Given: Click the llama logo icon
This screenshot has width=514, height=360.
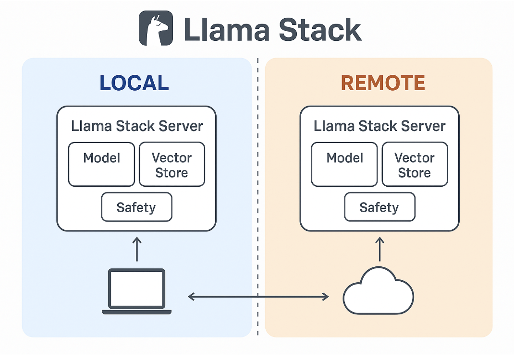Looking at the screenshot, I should coord(156,28).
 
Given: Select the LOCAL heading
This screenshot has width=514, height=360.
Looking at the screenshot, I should coord(134,83).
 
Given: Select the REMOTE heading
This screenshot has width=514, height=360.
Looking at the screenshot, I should coord(383,83).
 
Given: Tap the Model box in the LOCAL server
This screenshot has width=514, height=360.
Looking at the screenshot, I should coord(101,164).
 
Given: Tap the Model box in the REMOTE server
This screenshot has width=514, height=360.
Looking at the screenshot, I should coord(344,164).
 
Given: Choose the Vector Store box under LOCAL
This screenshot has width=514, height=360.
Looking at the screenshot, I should coord(172,164).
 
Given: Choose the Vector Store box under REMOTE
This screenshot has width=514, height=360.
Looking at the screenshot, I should coord(415,164).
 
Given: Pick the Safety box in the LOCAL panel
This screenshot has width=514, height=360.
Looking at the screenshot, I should coord(136,207).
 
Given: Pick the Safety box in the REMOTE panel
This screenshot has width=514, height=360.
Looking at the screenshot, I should coord(379,207).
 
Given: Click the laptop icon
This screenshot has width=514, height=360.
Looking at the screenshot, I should coord(137,292).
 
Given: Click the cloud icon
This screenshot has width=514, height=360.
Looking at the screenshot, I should coord(379,292).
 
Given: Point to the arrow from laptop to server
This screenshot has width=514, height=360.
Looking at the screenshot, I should coord(137,249).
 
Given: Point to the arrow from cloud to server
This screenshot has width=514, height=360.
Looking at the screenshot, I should coord(379,249).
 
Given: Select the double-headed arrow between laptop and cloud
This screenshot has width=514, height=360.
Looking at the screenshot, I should coord(258,297).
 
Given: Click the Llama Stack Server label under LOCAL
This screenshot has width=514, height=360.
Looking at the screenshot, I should coord(137,126).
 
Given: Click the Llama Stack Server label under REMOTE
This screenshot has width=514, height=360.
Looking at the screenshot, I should coord(379,126).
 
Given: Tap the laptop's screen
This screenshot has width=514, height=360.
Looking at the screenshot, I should coord(137,288).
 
